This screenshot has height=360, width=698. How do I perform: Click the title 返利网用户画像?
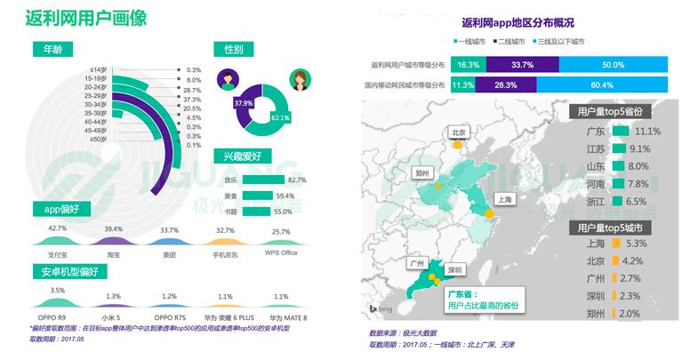coord(87,18)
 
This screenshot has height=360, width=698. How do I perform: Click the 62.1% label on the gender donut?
coord(281,117)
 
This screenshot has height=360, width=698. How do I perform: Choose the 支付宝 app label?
coord(58,253)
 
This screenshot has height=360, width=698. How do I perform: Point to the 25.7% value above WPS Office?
coord(281,231)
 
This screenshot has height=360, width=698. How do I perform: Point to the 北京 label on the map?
coord(459,132)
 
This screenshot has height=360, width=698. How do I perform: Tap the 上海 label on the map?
coord(503,200)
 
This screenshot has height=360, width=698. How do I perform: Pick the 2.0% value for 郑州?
coord(629,314)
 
